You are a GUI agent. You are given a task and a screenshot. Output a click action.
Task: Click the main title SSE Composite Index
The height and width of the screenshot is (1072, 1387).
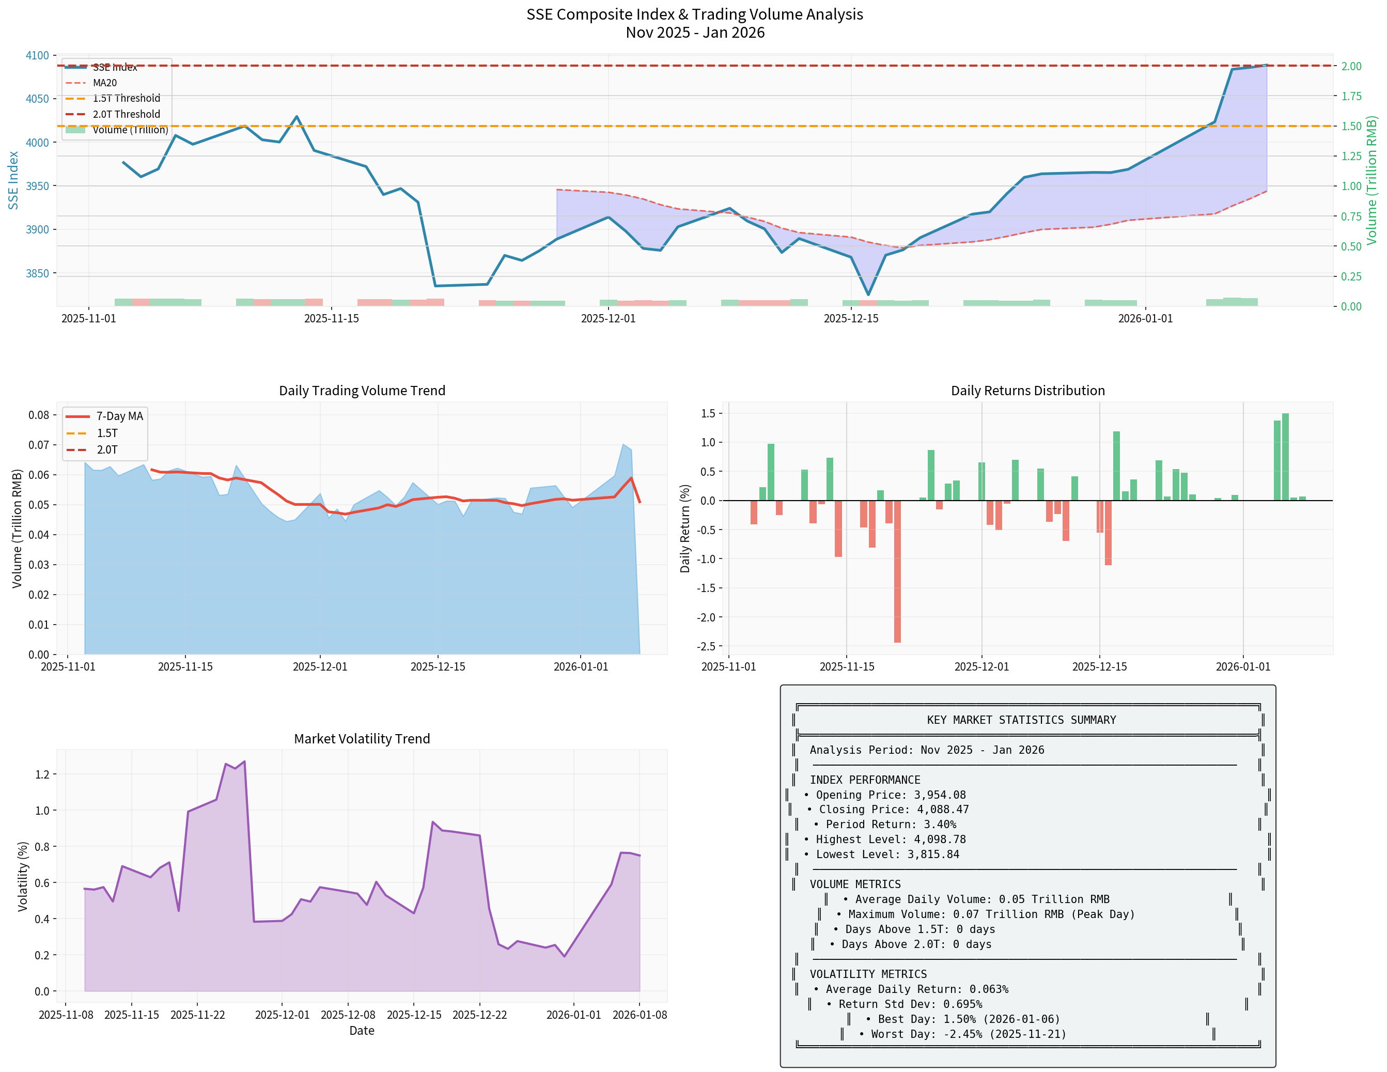pyautogui.click(x=694, y=14)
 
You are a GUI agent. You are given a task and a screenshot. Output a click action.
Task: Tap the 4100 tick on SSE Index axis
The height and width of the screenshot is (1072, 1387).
pyautogui.click(x=37, y=55)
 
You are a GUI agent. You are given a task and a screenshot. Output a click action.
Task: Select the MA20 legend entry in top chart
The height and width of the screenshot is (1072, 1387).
pyautogui.click(x=105, y=83)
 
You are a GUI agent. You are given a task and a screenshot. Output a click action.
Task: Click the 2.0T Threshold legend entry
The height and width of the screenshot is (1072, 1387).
pyautogui.click(x=127, y=114)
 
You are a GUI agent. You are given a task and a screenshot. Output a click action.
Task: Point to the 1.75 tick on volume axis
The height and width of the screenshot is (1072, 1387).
pyautogui.click(x=1351, y=96)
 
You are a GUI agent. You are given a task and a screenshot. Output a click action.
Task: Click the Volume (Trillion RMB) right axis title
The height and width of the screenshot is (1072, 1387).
pyautogui.click(x=1372, y=180)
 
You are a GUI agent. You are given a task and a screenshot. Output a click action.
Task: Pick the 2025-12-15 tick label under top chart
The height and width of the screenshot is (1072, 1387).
pyautogui.click(x=851, y=319)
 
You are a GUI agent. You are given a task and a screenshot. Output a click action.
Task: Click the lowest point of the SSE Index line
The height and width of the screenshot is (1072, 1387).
pyautogui.click(x=868, y=294)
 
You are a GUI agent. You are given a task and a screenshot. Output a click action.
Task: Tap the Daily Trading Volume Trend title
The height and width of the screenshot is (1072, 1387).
pyautogui.click(x=362, y=391)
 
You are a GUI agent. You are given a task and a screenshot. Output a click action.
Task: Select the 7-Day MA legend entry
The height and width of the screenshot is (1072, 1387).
pyautogui.click(x=119, y=416)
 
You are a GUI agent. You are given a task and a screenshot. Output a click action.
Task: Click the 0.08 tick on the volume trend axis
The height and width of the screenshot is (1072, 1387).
pyautogui.click(x=38, y=415)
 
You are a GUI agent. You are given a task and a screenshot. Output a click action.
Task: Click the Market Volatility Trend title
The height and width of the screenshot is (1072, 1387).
pyautogui.click(x=362, y=739)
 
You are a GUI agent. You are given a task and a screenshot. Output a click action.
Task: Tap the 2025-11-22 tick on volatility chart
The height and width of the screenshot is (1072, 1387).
pyautogui.click(x=197, y=1015)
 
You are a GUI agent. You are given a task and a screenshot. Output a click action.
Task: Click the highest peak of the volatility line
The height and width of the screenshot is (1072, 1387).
pyautogui.click(x=244, y=762)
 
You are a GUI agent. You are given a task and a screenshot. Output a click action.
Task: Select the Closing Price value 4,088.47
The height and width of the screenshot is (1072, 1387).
pyautogui.click(x=942, y=810)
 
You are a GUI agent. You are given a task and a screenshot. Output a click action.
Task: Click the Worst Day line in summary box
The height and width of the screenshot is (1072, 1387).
pyautogui.click(x=962, y=1034)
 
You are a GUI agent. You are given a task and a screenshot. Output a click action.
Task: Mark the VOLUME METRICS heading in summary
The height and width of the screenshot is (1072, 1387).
pyautogui.click(x=855, y=884)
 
